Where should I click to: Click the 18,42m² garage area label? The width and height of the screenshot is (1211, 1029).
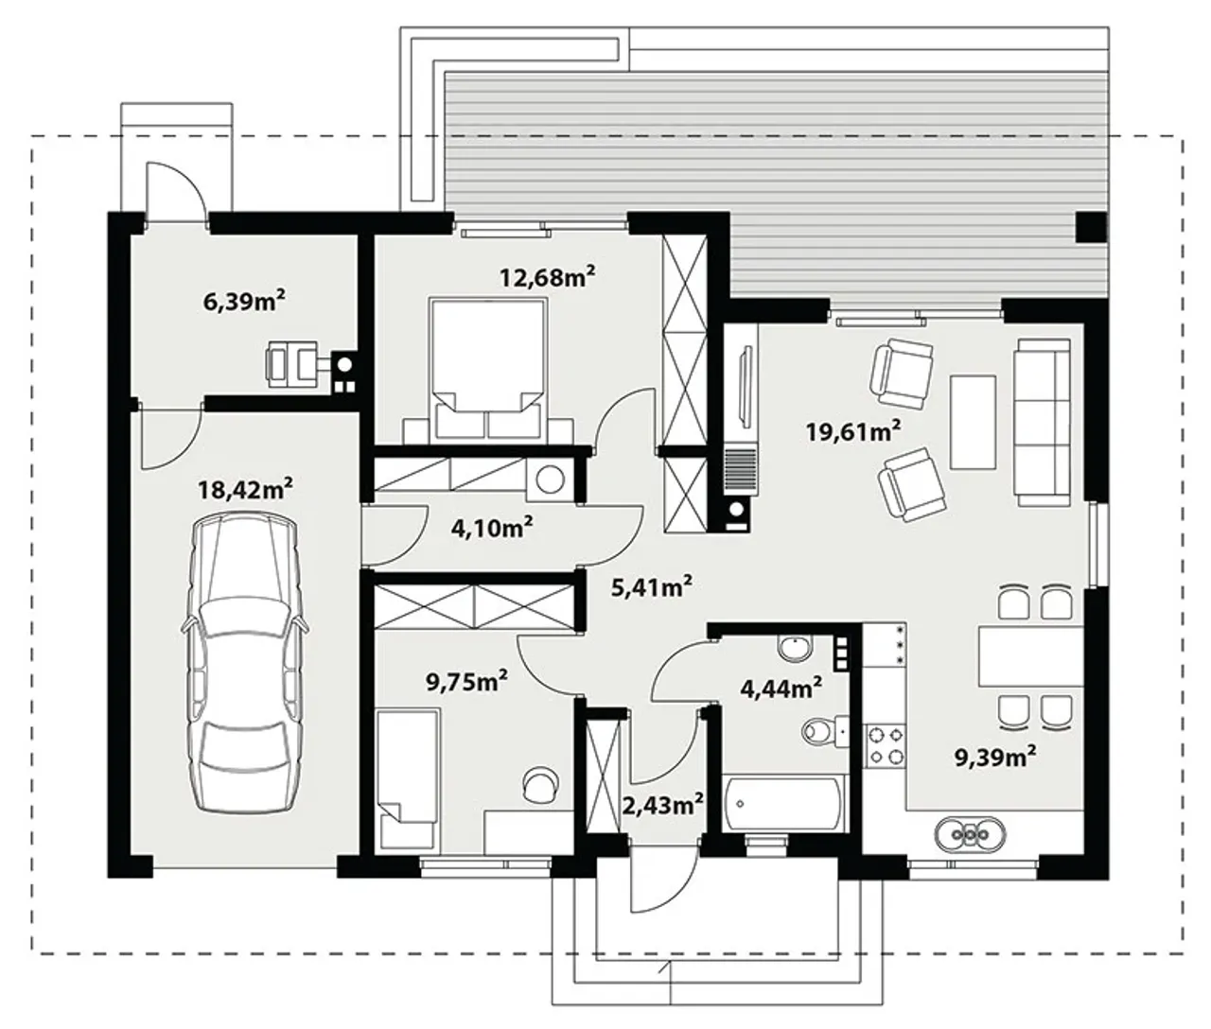245,489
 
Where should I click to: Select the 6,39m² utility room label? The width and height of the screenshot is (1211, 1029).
244,302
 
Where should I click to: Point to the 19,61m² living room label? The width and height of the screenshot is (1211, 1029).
853,431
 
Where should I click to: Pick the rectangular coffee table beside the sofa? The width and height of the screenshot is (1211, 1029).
974,422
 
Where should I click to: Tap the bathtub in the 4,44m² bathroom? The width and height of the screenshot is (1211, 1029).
784,803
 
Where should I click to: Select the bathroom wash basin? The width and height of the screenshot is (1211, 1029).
795,649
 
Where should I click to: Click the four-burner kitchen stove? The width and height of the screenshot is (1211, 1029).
886,745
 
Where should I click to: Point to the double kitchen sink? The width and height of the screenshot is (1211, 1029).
971,833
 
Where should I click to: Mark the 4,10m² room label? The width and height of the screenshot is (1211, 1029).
492,528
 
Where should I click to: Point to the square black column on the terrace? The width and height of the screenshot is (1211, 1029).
1091,227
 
